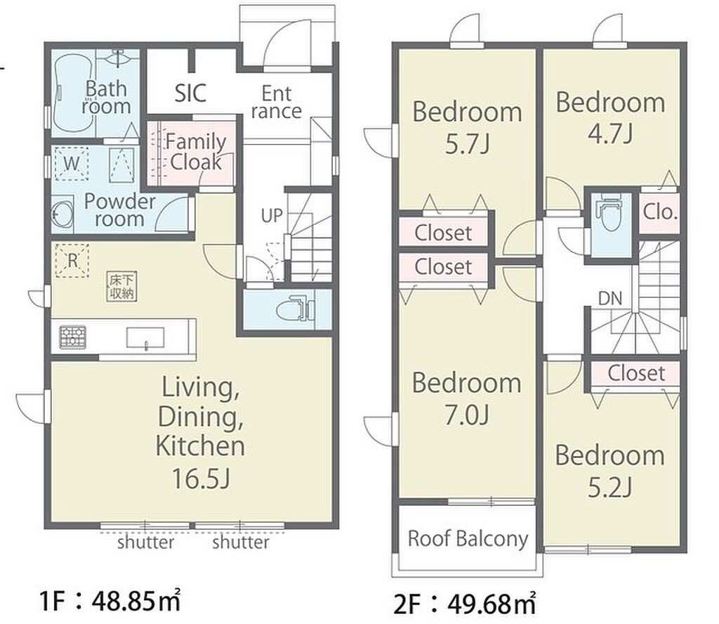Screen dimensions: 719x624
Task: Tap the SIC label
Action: (x=190, y=93)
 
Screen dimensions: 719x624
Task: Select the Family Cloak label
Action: (x=195, y=152)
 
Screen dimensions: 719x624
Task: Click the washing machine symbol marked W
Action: (x=71, y=163)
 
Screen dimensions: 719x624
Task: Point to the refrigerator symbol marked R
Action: (x=72, y=261)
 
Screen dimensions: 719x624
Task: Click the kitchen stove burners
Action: (x=72, y=337)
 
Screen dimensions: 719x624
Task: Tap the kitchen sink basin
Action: (x=145, y=338)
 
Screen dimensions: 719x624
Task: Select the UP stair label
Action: (x=272, y=216)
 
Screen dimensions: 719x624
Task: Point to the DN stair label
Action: (x=610, y=299)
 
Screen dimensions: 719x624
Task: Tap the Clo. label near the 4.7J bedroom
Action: (x=659, y=212)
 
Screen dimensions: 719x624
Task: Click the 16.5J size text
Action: (x=200, y=478)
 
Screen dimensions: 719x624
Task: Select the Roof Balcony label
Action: (x=468, y=539)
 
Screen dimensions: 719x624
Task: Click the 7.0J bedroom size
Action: (x=467, y=415)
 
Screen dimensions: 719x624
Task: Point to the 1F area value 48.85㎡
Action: (x=136, y=601)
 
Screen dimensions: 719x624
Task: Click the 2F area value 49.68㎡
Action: (x=492, y=604)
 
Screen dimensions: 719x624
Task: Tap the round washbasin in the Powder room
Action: (x=62, y=213)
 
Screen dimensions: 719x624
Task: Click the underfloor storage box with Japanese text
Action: (x=122, y=287)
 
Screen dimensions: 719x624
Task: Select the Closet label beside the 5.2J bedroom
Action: (x=636, y=373)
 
